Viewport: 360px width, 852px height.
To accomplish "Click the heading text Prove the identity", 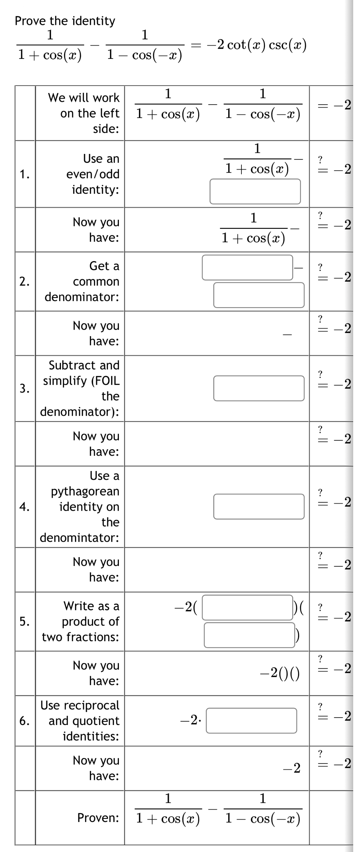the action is point(65,21).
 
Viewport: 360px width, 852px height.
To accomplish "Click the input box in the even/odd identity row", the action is point(255,191).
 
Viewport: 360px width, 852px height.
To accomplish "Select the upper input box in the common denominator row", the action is point(248,268).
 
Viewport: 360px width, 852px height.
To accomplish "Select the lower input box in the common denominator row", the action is point(259,295).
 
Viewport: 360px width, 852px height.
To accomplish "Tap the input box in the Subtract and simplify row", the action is point(259,388).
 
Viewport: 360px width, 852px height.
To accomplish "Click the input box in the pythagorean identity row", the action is point(259,506).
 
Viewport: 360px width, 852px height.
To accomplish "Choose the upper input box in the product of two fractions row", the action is point(248,608).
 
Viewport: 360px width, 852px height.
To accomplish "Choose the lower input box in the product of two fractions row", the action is point(250,635).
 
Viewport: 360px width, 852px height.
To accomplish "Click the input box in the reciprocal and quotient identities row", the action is point(251,721).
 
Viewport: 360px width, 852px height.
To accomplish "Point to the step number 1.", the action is point(24,174).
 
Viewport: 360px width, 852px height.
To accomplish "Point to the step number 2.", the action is point(24,282).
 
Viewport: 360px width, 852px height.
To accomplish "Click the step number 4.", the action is point(24,507).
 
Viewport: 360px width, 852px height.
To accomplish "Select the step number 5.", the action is point(24,621).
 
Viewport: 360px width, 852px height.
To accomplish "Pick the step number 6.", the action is point(24,721).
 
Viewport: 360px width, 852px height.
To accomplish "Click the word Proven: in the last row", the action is point(98,818).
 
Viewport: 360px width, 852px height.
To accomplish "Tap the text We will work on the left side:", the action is point(84,113).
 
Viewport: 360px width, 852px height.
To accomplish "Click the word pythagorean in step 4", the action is point(85,491).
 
